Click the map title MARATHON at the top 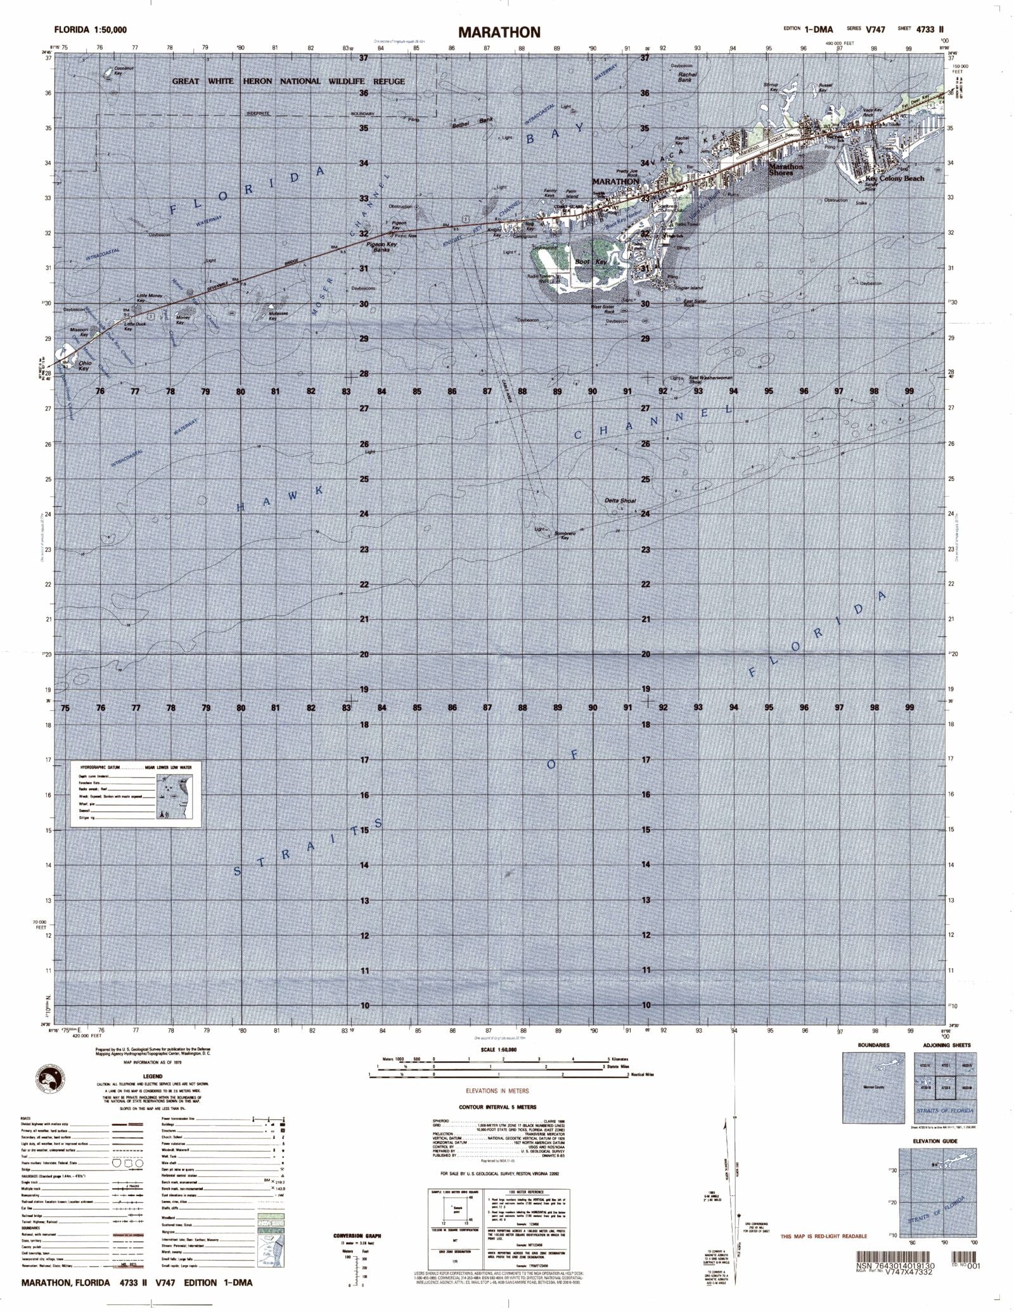(499, 32)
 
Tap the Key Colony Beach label (894, 179)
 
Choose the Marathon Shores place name (785, 170)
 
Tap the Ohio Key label (84, 366)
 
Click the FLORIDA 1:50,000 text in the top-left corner (90, 30)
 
